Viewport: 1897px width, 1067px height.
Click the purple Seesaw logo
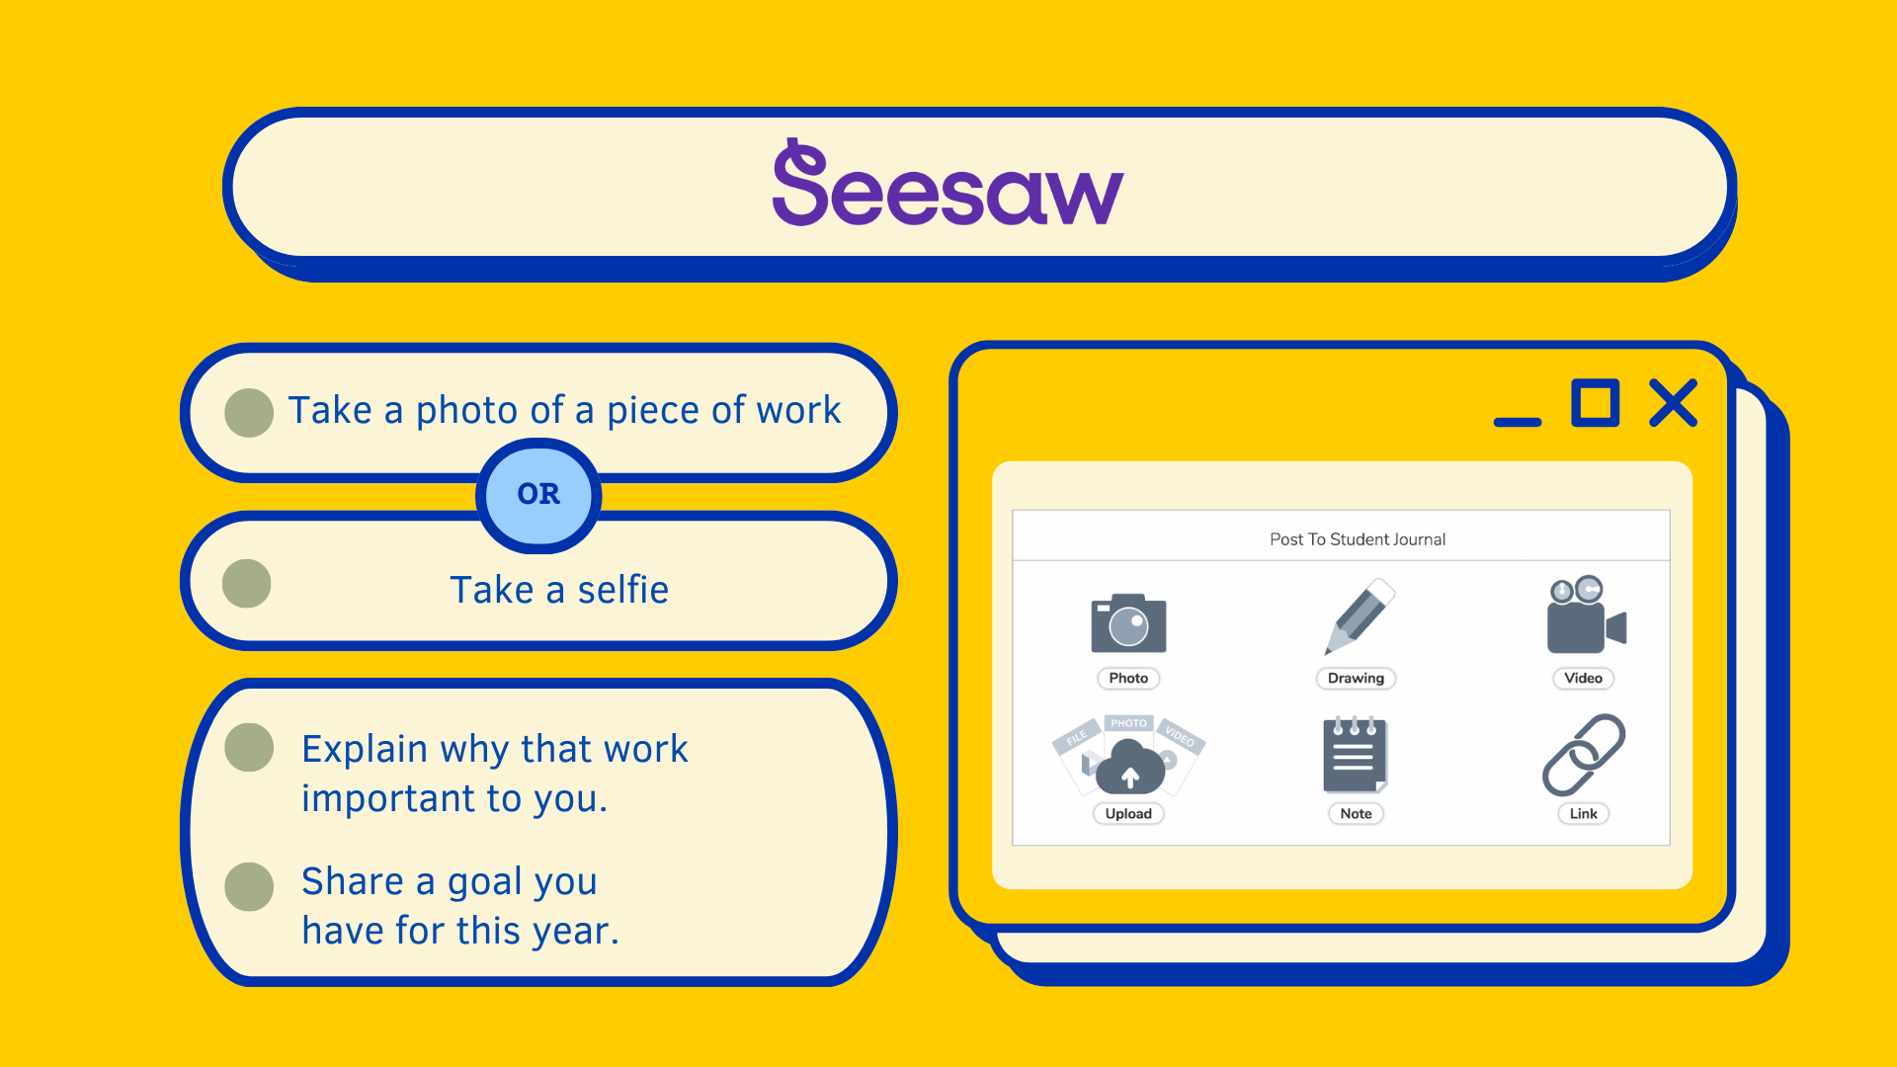coord(948,183)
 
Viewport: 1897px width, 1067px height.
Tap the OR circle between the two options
coord(538,495)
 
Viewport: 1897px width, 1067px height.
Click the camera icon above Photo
coord(1128,623)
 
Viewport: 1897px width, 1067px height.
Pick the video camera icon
coord(1586,615)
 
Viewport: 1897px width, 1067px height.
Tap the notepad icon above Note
coord(1356,755)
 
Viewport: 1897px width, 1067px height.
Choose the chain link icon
coord(1584,755)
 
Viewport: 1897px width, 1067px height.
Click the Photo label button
coord(1128,678)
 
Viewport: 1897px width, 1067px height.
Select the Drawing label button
coord(1356,678)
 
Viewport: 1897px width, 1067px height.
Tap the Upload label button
coord(1128,813)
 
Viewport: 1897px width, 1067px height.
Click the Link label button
coord(1584,813)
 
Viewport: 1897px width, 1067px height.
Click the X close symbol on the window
coord(1673,403)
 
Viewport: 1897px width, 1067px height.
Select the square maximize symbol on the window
coord(1596,403)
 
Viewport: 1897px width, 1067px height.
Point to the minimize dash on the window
coord(1518,422)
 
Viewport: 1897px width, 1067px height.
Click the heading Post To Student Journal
coord(1358,539)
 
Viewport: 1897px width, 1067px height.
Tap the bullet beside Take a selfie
coord(247,584)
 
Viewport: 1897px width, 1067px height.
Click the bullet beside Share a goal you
coord(249,886)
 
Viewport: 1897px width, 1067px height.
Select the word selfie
coord(622,590)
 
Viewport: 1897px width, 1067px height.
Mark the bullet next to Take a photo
coord(249,412)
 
